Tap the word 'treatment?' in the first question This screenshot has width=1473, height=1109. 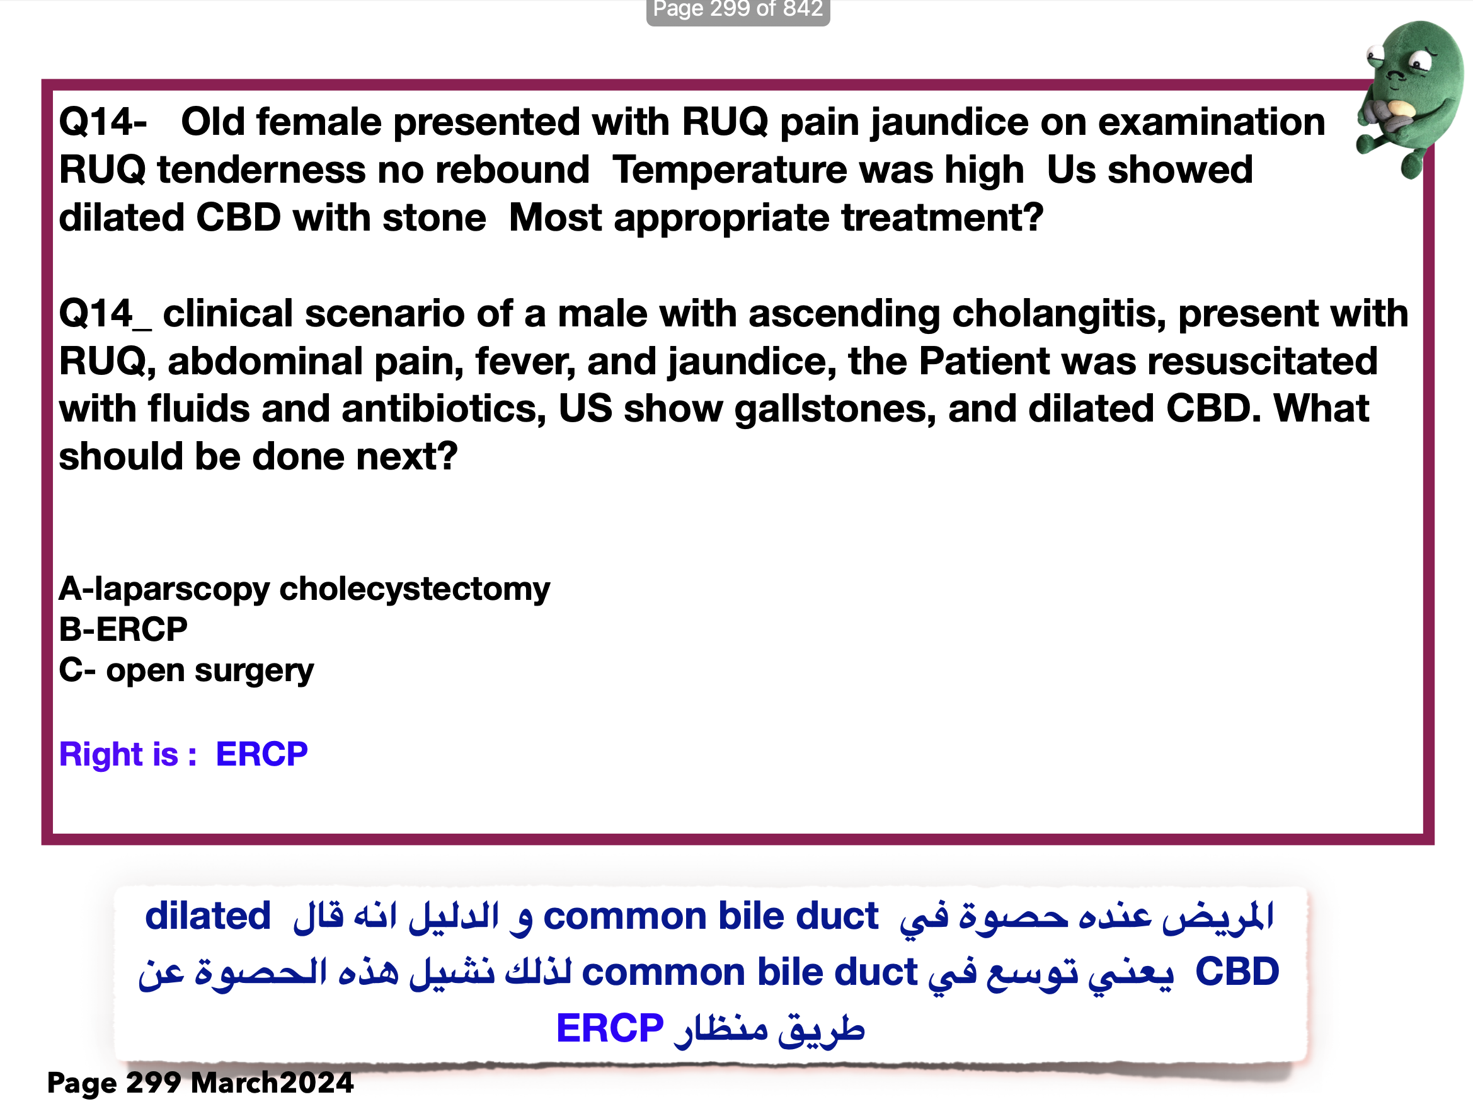coord(942,219)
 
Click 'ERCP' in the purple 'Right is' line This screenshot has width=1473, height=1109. coord(261,754)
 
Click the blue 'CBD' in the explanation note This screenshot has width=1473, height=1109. coord(1237,972)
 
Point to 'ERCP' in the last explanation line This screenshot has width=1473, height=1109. coord(610,1028)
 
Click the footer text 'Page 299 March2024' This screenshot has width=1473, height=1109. coord(200,1083)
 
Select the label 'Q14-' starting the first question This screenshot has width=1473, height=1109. coord(103,122)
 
